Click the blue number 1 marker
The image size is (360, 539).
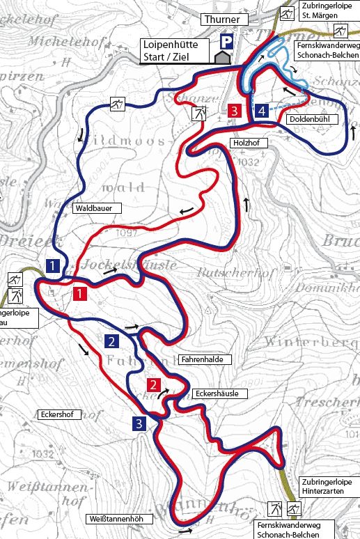[x=52, y=265]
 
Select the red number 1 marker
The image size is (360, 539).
[x=80, y=293]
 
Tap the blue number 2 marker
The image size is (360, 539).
[x=110, y=341]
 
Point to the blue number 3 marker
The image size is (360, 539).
[x=140, y=423]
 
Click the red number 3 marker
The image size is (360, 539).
[x=235, y=111]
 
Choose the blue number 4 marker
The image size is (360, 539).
[x=261, y=111]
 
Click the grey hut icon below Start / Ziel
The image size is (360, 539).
[x=223, y=58]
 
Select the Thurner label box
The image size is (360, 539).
[x=222, y=20]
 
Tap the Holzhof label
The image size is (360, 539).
[x=244, y=142]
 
